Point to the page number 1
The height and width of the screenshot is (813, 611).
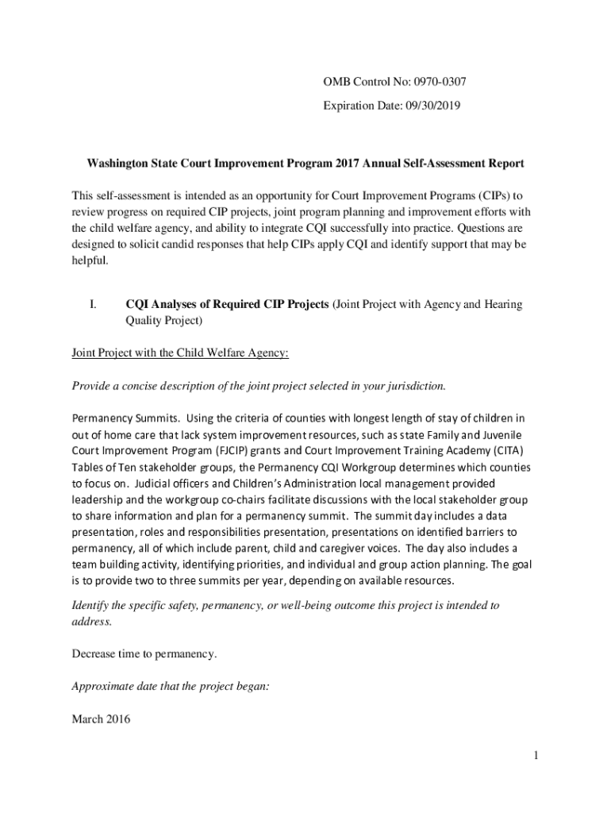[x=536, y=755]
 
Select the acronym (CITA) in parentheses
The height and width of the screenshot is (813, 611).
[x=513, y=450]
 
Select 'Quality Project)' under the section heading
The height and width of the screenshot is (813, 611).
[x=164, y=322]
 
